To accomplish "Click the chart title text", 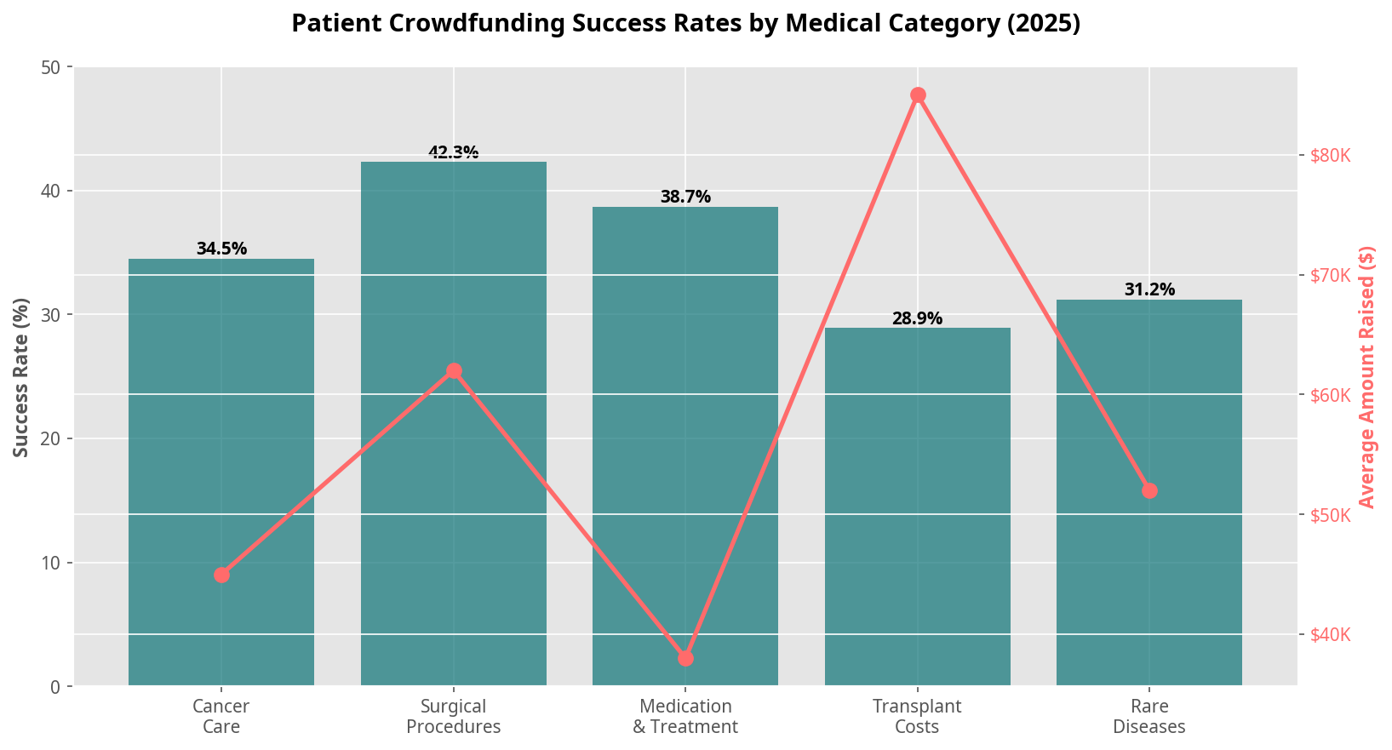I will tap(685, 23).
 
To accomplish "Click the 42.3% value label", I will tap(454, 153).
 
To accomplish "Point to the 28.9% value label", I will tap(917, 319).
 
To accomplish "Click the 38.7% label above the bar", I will tap(685, 198).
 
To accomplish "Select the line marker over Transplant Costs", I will tap(918, 95).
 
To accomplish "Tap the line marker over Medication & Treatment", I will tap(685, 658).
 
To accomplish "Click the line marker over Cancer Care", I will tap(221, 575).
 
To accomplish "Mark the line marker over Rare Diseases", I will tap(1149, 491).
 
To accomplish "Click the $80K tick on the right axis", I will tap(1331, 156).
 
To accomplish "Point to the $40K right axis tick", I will tap(1331, 635).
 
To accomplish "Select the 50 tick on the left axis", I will tap(53, 67).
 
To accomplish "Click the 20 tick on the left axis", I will tap(53, 439).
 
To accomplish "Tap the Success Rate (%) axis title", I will tap(21, 377).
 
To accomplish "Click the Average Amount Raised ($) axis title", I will tap(1367, 377).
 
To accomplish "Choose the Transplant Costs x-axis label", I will tap(917, 716).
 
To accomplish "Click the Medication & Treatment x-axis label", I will tap(685, 716).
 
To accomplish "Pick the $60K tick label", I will tap(1331, 396).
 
